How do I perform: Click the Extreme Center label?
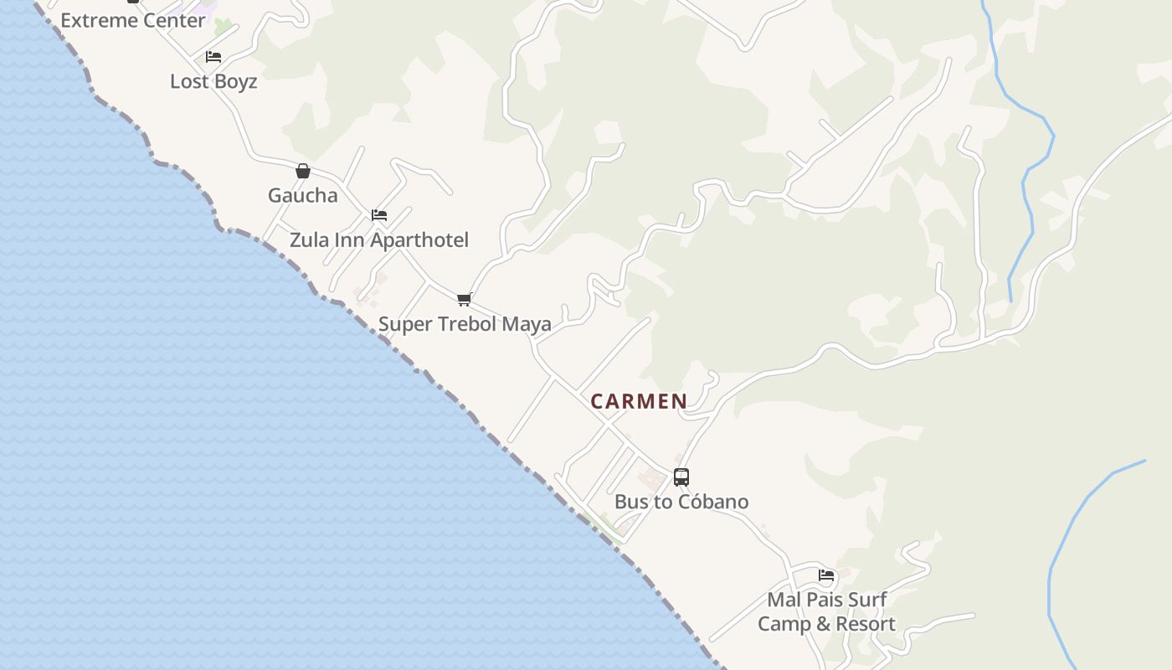point(133,21)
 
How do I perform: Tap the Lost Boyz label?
point(213,81)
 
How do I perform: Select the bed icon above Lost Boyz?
point(213,57)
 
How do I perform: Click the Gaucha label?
point(303,195)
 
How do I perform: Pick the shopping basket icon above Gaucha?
point(303,171)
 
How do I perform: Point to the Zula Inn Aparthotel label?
point(379,240)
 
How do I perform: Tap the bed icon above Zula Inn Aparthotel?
point(379,215)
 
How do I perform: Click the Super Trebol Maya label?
point(465,324)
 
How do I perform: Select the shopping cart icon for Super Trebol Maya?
point(465,299)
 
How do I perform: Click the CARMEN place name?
point(639,401)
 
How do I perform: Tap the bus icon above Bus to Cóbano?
point(681,477)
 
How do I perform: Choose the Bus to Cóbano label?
point(681,502)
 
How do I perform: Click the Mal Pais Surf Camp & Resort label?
point(826,611)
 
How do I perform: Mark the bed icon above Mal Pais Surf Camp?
point(826,575)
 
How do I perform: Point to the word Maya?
point(527,324)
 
